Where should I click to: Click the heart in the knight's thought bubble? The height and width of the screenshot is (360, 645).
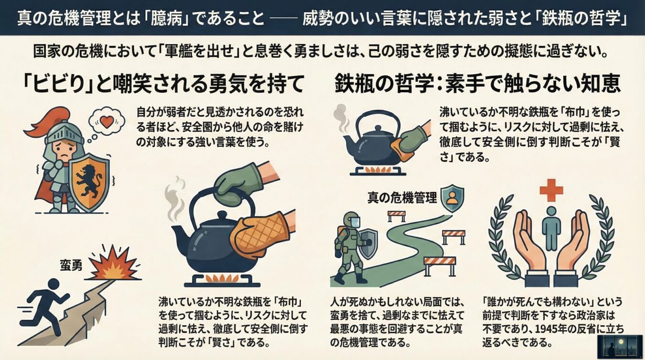click(107, 122)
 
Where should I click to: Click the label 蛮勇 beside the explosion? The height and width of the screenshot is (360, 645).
click(71, 265)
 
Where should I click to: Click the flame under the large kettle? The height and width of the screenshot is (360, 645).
click(222, 279)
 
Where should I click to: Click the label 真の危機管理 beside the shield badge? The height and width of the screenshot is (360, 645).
click(402, 198)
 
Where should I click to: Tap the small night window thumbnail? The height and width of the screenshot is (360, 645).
click(621, 347)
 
